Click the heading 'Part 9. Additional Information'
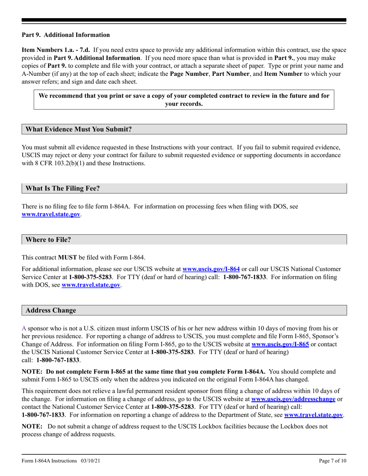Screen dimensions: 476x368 click(65, 35)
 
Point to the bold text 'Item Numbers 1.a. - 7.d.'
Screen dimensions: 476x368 click(56, 50)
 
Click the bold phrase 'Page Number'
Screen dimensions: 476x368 click(189, 74)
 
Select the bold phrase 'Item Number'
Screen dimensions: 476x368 click(283, 74)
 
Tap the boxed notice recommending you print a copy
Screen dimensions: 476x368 click(184, 99)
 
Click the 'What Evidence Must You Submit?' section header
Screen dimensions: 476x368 click(79, 129)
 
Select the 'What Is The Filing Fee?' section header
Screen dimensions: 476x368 click(62, 188)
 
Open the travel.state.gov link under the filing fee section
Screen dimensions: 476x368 click(51, 214)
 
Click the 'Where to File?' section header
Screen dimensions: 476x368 click(48, 240)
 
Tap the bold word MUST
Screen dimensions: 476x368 click(67, 258)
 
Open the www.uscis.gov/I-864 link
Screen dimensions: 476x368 click(211, 269)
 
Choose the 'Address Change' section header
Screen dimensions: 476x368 click(51, 311)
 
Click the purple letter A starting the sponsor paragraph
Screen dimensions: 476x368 click(24, 328)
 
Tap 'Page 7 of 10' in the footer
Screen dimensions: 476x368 click(332, 461)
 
